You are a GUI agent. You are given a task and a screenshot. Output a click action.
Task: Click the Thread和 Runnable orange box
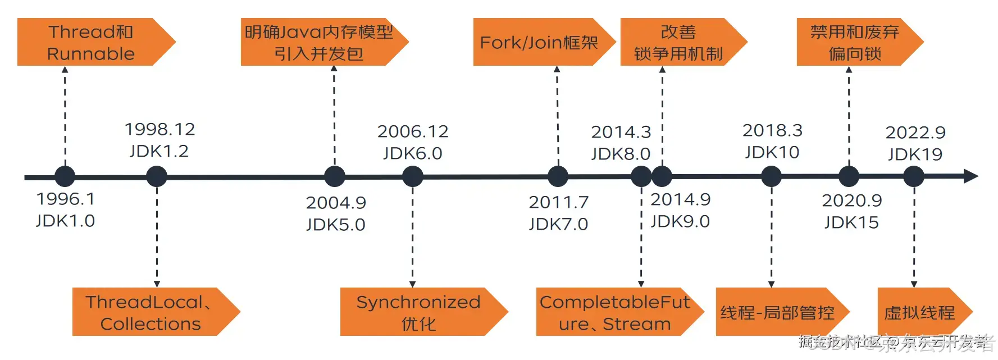(x=90, y=42)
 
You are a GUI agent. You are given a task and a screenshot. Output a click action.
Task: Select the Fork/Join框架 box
(x=539, y=42)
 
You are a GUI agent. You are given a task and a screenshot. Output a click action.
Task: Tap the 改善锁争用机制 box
(x=678, y=42)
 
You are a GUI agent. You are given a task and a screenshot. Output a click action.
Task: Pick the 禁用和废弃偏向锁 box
(x=854, y=42)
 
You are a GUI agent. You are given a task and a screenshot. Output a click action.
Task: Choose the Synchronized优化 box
(x=418, y=312)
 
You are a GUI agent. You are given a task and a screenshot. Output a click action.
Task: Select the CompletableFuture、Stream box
(x=614, y=312)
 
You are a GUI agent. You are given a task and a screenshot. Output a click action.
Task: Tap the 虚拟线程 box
(x=919, y=312)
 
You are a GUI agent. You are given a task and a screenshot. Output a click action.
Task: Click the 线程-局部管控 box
(x=777, y=312)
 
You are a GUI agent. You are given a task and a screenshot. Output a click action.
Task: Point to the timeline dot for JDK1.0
(x=65, y=176)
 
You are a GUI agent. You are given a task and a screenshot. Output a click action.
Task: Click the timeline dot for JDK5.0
(x=335, y=176)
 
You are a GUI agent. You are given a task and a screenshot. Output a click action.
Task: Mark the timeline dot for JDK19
(x=914, y=176)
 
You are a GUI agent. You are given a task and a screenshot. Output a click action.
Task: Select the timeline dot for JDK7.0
(x=558, y=176)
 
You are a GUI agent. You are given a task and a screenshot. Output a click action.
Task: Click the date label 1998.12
(x=160, y=129)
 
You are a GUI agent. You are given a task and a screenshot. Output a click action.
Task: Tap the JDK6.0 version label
(x=413, y=153)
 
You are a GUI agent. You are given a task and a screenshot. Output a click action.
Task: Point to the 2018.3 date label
(x=772, y=130)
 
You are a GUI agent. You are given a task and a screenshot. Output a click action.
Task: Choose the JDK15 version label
(x=851, y=222)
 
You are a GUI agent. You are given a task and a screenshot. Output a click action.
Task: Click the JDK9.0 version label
(x=680, y=221)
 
